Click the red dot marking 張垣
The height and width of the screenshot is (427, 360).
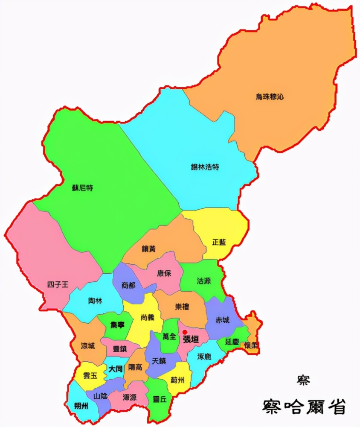(x=185, y=332)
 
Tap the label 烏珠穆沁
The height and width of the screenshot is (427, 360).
(x=269, y=97)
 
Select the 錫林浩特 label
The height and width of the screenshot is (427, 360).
(x=205, y=167)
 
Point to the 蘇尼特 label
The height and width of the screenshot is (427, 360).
(x=83, y=188)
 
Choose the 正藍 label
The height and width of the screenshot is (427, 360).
(x=219, y=242)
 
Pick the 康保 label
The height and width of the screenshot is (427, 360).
(x=164, y=273)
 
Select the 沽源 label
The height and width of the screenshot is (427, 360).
(x=203, y=281)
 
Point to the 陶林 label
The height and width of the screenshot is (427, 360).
(x=95, y=301)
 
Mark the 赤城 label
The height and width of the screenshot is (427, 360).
(x=223, y=320)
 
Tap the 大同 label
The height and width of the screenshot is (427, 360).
(x=115, y=369)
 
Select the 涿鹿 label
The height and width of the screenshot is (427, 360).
(x=205, y=356)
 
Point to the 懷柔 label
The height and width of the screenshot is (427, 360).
(x=251, y=345)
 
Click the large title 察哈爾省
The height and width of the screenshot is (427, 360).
(x=304, y=406)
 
